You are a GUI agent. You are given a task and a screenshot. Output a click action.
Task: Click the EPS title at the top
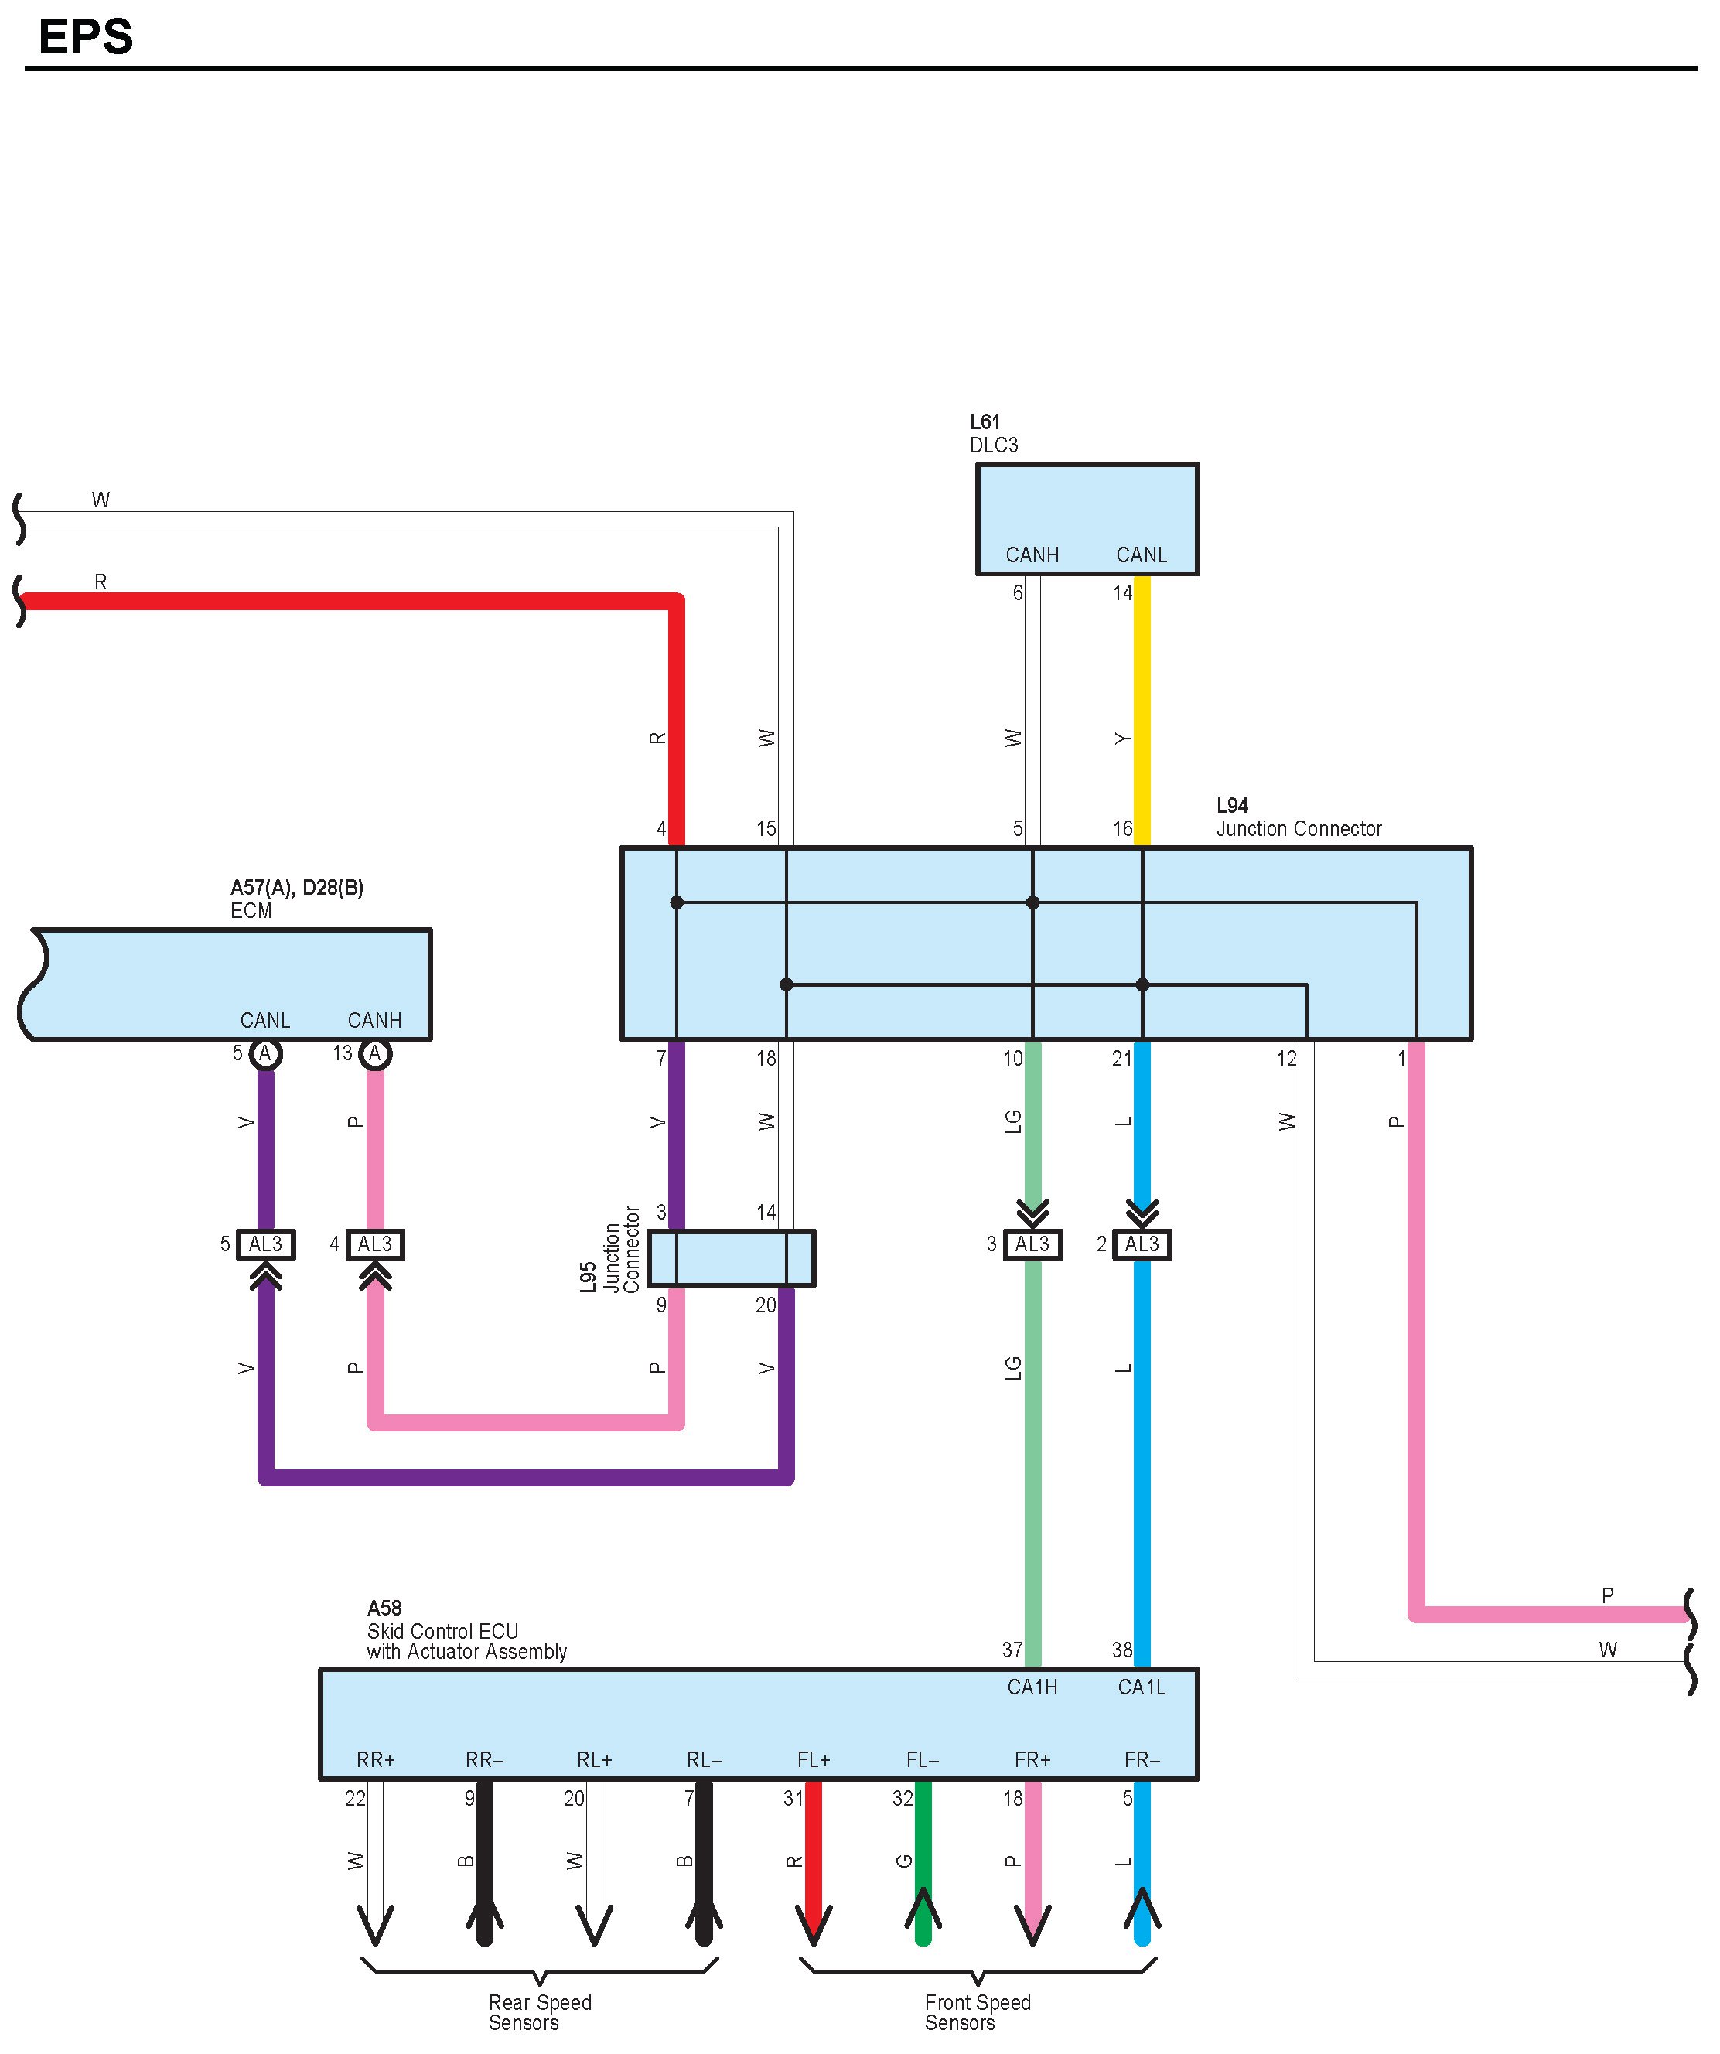(85, 37)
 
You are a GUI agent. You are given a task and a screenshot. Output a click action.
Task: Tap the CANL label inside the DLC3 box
(1141, 554)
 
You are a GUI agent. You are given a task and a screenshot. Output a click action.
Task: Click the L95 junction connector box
(730, 1257)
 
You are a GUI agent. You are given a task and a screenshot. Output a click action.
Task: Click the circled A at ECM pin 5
(265, 1053)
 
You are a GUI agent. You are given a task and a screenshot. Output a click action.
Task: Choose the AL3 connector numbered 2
(1141, 1244)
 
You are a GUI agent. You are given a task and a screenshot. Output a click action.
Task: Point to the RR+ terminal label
(375, 1759)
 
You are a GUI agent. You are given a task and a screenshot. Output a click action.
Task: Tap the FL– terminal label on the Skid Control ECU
(922, 1759)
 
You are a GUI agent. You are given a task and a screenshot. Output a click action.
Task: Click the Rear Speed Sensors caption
(539, 2012)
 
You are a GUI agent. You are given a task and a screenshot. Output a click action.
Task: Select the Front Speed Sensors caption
(977, 2012)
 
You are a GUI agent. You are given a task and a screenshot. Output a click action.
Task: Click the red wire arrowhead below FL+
(813, 1922)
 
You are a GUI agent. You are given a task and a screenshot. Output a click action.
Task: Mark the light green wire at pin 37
(1032, 1565)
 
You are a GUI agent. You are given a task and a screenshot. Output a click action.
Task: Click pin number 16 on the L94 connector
(1121, 828)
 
